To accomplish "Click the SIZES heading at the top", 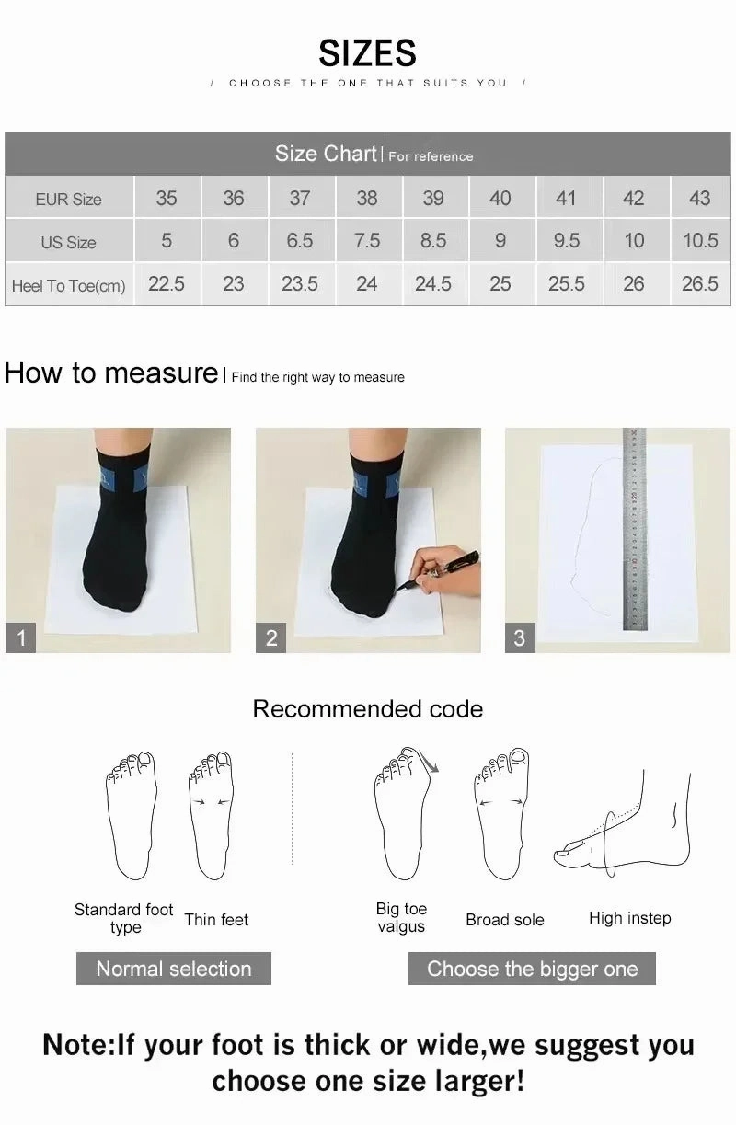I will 367,53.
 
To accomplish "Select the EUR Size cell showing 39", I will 432,198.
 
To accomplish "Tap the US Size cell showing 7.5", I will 366,241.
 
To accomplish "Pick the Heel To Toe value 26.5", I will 699,284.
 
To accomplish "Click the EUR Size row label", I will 69,199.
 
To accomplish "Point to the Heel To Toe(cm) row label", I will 69,285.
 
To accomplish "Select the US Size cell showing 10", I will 634,241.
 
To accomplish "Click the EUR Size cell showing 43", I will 699,198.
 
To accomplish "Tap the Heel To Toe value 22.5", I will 167,284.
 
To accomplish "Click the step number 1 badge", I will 21,637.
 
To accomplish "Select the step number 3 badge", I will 520,637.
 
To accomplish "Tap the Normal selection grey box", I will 173,969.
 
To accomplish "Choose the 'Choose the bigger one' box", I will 532,969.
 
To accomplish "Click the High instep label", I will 629,918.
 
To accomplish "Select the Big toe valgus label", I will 401,918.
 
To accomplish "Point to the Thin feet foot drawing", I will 211,814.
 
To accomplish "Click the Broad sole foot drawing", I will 500,814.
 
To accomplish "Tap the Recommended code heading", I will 367,709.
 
